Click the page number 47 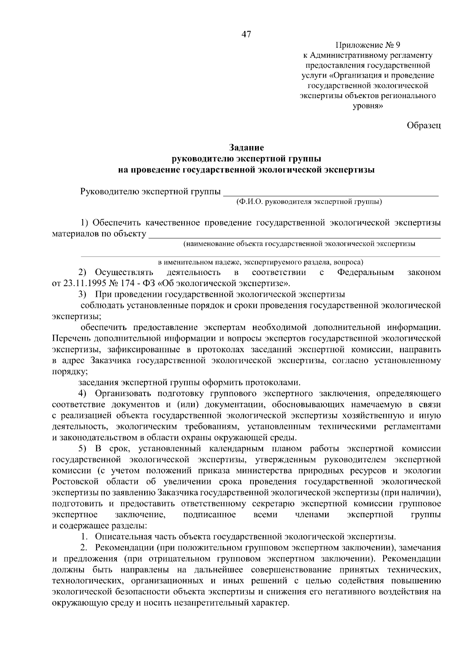[x=246, y=35]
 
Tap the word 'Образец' [x=424, y=125]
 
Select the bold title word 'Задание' [x=246, y=148]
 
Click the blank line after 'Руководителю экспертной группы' [x=331, y=194]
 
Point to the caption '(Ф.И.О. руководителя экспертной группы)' [x=309, y=202]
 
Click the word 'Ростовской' [x=76, y=482]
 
